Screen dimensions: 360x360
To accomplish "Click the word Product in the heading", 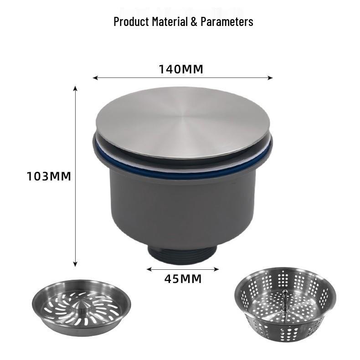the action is pos(131,21).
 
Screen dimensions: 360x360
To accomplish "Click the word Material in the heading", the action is pos(170,21).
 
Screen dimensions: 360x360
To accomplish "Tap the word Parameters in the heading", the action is pos(227,22).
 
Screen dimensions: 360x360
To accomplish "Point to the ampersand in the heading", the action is pos(194,22).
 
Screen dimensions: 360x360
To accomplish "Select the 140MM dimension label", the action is pos(181,69).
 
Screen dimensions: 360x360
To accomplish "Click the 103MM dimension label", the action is pos(49,176).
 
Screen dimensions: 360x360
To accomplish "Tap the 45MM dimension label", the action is pos(183,279).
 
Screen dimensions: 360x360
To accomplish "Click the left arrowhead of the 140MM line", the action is pos(95,78).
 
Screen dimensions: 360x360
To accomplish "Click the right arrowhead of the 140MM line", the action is pos(270,78).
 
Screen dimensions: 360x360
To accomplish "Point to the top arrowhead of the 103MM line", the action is pos(75,88).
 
